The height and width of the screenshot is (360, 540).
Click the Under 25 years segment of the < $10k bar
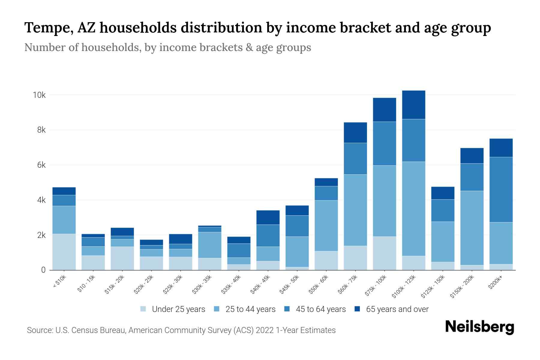coord(64,252)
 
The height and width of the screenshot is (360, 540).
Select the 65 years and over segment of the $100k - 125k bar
coord(414,105)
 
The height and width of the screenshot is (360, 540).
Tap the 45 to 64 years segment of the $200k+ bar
coord(501,190)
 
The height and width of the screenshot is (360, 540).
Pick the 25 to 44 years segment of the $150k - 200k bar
coord(472,228)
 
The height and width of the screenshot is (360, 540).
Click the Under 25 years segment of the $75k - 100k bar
coord(384,253)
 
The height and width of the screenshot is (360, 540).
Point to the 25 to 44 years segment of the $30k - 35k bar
coord(210,245)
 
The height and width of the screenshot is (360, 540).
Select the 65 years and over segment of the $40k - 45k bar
coord(268,217)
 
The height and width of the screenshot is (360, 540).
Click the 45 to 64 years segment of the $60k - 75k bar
coord(355,159)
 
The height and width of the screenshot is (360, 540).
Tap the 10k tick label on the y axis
coord(39,95)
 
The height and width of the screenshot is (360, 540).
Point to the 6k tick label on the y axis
coord(41,165)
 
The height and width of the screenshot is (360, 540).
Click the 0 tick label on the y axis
coord(43,270)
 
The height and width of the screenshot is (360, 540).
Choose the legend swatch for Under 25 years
coord(143,309)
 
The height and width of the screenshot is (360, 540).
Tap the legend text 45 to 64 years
coord(321,309)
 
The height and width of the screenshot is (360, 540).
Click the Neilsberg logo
coord(479,327)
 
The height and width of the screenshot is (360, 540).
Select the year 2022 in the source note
coord(265,330)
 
